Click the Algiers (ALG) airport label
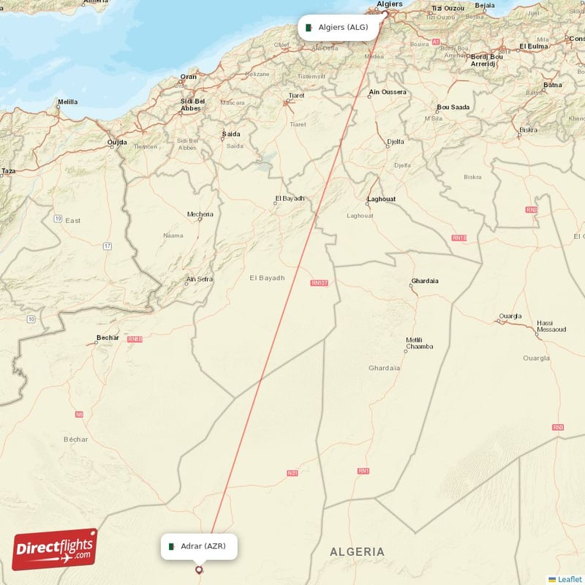[x=342, y=28]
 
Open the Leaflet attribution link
[x=569, y=579]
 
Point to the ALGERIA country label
[x=357, y=551]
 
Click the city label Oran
[x=189, y=77]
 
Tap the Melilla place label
[x=67, y=102]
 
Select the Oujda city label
[x=117, y=143]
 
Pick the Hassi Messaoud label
[x=551, y=326]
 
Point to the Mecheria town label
[x=200, y=214]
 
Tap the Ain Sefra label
[x=199, y=279]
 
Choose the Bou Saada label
[x=453, y=107]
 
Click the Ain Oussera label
[x=388, y=92]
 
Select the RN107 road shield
[x=320, y=283]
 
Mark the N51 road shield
[x=292, y=473]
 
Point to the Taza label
[x=8, y=171]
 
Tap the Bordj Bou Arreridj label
[x=487, y=60]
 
